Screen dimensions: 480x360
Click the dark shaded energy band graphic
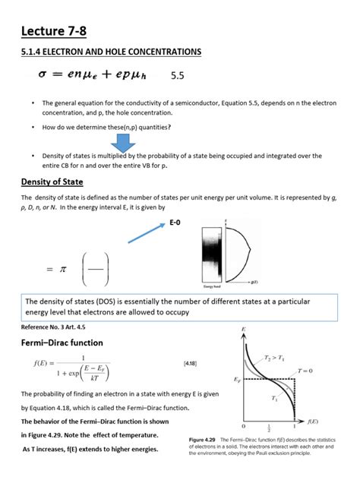tap(211, 255)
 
